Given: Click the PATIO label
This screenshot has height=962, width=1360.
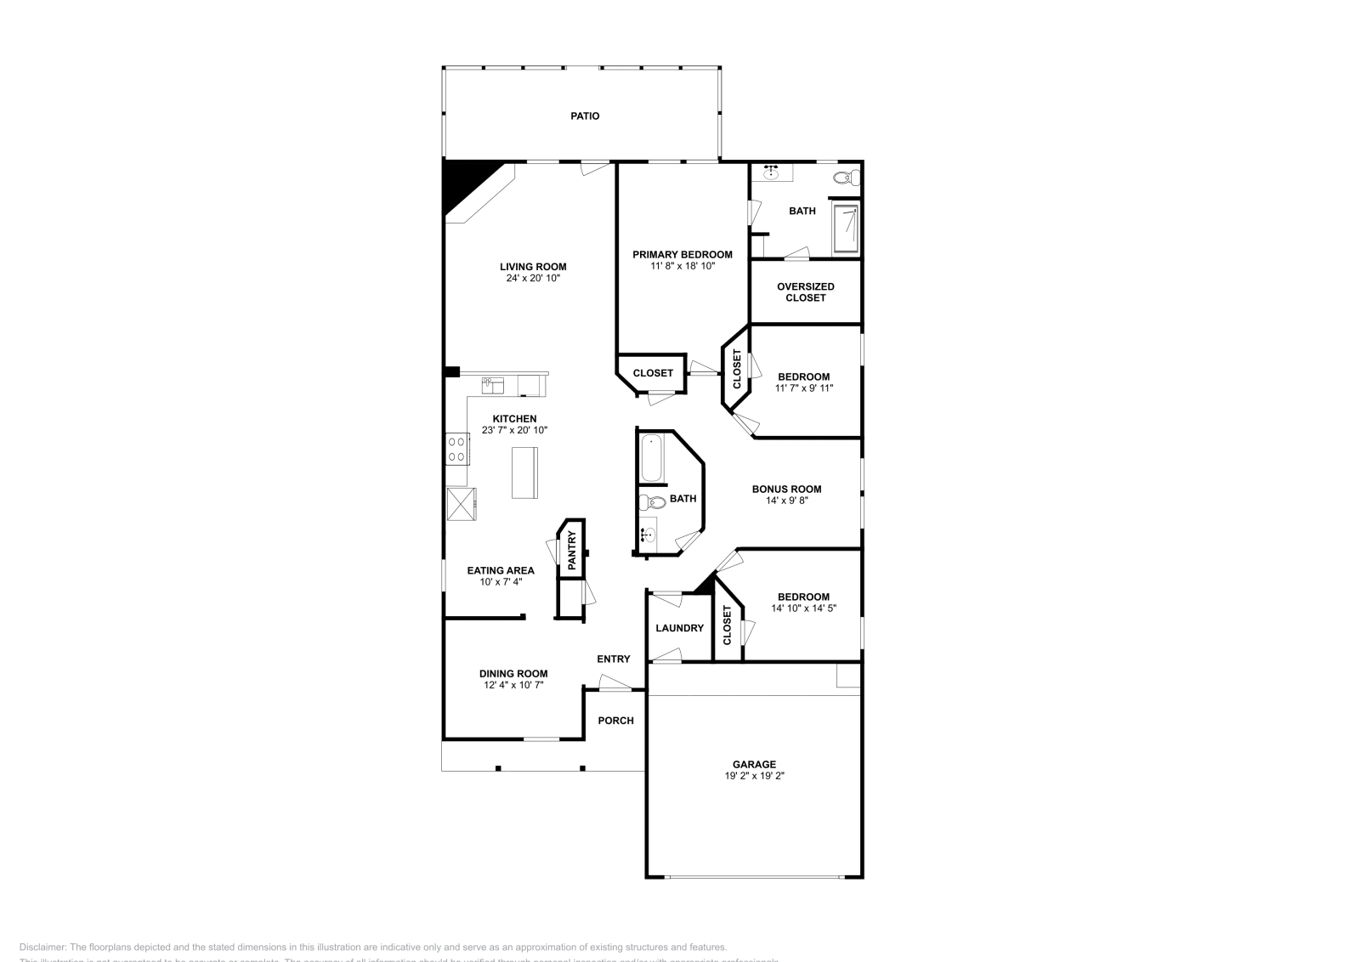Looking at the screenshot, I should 584,116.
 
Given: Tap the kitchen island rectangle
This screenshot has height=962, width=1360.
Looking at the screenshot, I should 524,473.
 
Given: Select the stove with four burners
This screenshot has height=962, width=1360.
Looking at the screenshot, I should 457,449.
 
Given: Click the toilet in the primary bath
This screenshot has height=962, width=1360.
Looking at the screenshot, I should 845,178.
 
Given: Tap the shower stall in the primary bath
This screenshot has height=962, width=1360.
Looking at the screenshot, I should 846,228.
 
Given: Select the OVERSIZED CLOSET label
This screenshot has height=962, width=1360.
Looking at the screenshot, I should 805,292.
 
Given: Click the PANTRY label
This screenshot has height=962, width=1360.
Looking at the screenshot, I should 572,550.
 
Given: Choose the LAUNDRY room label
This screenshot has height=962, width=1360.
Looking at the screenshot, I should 679,628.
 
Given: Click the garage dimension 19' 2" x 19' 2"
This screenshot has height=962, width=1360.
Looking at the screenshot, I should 754,776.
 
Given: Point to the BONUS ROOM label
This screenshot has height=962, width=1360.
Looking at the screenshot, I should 786,489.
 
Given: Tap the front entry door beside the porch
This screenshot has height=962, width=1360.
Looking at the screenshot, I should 615,682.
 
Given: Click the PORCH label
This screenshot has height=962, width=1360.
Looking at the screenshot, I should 615,721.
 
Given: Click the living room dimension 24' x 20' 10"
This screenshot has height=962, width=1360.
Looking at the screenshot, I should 533,278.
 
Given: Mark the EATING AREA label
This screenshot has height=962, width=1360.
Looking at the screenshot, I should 501,570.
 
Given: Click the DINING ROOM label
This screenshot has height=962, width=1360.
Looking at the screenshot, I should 513,674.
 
